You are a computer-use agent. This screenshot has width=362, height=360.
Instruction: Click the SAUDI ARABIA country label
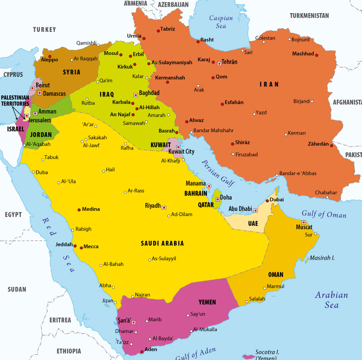(x=162, y=243)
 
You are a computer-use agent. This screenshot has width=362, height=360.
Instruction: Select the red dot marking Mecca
(x=81, y=247)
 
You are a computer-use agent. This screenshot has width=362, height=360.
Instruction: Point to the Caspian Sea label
(x=220, y=22)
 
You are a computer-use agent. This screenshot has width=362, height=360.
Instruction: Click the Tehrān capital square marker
(x=219, y=63)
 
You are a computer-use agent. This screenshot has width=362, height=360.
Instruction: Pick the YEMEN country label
(x=207, y=302)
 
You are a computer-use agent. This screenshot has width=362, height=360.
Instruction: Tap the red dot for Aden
(x=142, y=351)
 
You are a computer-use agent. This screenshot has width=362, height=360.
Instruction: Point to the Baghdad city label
(x=149, y=93)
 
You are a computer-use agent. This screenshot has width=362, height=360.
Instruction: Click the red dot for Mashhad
(x=317, y=55)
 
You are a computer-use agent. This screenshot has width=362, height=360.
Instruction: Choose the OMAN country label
(x=275, y=274)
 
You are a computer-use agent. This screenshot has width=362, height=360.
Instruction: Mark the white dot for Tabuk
(x=41, y=158)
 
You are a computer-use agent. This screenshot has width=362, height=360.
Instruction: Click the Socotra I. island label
(x=267, y=352)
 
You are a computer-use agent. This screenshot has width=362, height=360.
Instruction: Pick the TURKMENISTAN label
(x=309, y=15)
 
